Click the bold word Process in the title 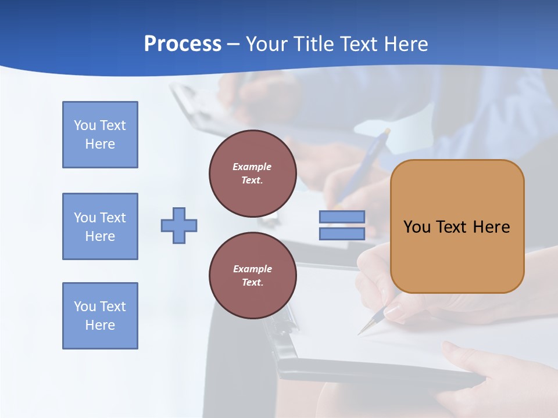183,44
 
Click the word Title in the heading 313,44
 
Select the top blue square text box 100,135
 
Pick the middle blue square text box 100,226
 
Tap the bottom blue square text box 100,316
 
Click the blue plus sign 179,225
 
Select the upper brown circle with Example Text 252,173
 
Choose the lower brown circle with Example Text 252,275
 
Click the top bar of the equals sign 342,217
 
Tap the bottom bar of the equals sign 342,233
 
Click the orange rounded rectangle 457,255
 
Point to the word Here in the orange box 491,227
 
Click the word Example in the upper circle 252,167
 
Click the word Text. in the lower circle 252,283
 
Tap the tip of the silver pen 359,334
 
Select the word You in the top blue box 85,125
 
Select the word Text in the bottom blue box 113,307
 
